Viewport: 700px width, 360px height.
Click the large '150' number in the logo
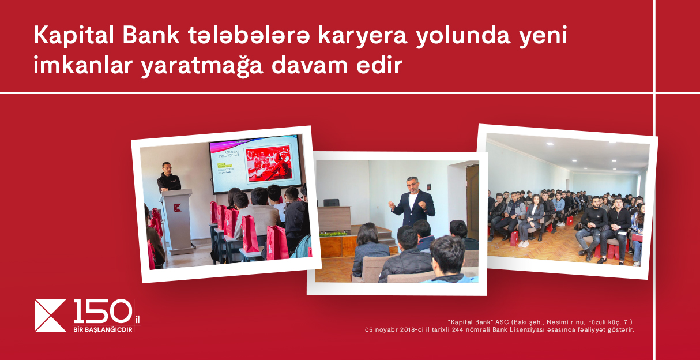102,312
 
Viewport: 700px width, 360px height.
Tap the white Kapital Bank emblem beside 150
51,316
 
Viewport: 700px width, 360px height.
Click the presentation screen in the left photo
255,163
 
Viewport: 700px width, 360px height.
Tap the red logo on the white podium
177,208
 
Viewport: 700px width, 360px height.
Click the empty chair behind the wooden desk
332,202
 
